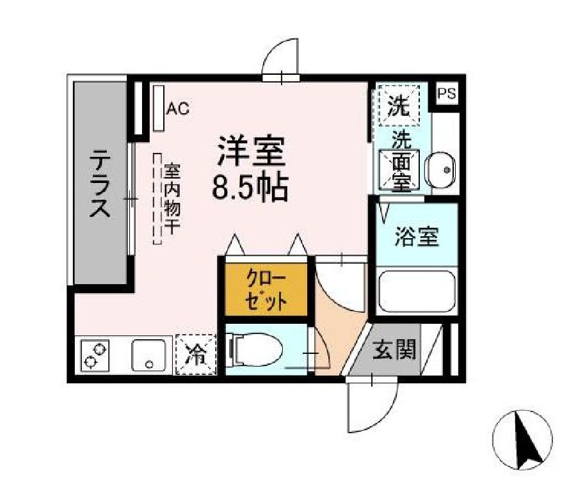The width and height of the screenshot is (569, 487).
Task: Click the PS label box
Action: (447, 93)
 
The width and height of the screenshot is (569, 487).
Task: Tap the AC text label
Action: (178, 109)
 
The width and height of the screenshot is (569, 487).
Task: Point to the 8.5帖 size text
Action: (250, 187)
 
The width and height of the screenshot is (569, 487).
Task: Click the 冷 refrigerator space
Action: (195, 355)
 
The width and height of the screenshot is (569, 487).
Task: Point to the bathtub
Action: (417, 292)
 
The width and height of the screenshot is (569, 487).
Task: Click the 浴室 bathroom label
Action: (417, 237)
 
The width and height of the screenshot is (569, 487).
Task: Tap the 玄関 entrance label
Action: (395, 349)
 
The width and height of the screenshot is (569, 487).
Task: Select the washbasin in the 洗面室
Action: (441, 169)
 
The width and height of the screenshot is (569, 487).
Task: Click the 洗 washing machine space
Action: (400, 104)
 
